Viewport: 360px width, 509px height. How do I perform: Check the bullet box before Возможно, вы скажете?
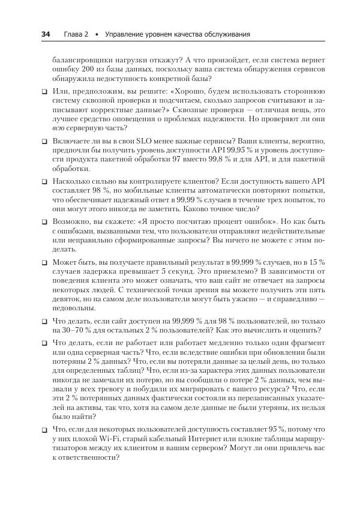(44, 221)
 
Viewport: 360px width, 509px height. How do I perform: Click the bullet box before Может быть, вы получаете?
(44, 263)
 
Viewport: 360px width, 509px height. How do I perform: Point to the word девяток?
(67, 296)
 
